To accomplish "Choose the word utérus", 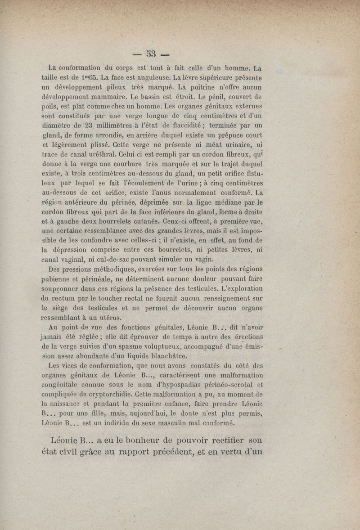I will [x=116, y=317].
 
